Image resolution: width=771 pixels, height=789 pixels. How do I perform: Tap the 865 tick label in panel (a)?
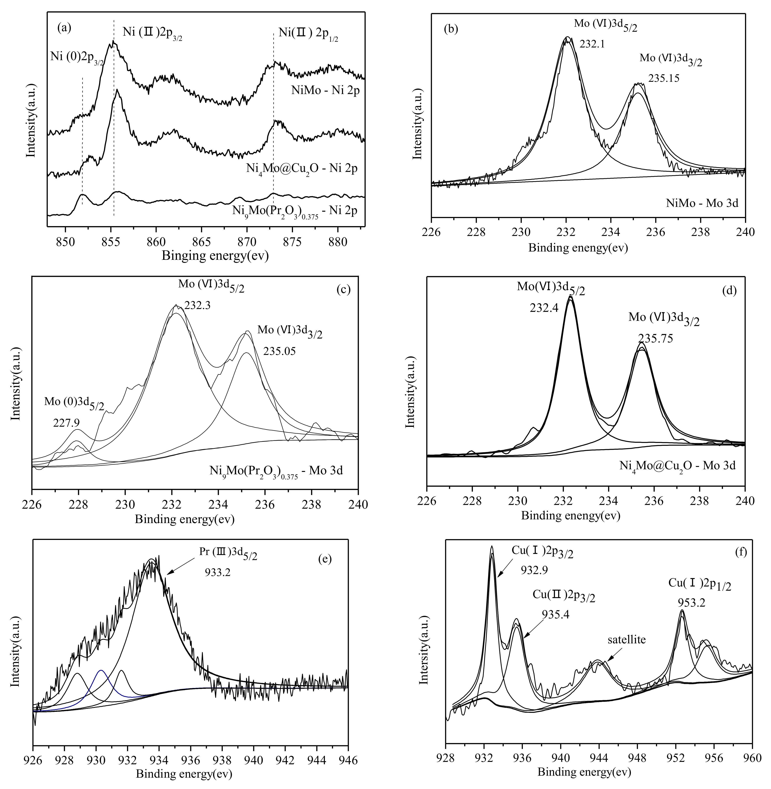point(201,242)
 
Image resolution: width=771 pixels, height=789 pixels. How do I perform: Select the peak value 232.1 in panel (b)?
point(592,44)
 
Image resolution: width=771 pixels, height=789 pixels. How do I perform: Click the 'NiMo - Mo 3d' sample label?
point(702,202)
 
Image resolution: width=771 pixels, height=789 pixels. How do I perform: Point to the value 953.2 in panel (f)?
point(692,603)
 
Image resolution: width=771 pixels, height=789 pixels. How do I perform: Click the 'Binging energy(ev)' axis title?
point(215,256)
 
